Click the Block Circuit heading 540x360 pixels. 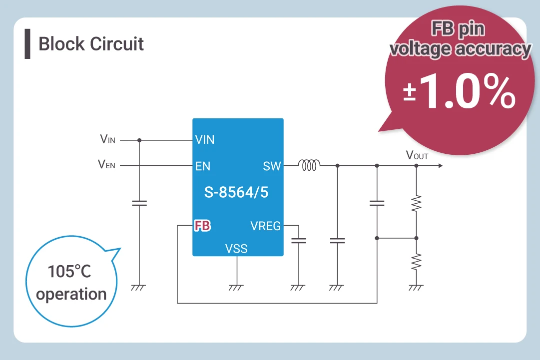pos(91,44)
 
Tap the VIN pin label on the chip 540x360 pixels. pos(205,140)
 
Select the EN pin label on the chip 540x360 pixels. pos(203,166)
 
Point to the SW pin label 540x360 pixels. pos(272,166)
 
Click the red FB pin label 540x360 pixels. pos(202,226)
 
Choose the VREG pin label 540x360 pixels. pos(265,226)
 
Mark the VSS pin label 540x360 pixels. pos(236,248)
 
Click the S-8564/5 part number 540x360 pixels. pos(236,192)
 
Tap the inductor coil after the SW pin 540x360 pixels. pos(309,165)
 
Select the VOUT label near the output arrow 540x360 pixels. pos(417,155)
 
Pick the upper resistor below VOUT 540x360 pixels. pos(416,203)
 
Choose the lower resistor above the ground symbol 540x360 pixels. pos(416,261)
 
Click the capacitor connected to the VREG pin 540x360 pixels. pos(298,241)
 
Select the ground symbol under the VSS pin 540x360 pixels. pos(236,288)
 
